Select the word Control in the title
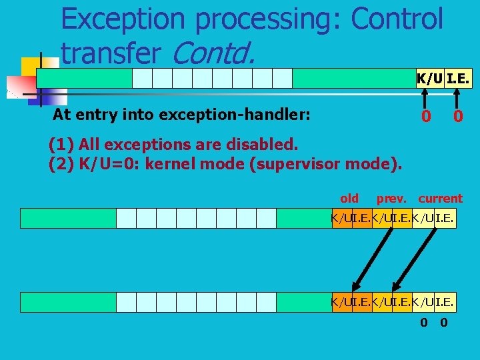397,19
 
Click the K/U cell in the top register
429,79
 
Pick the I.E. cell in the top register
459,79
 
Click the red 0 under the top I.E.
458,116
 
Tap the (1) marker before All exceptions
61,144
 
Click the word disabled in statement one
268,144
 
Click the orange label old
349,198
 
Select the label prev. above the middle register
392,198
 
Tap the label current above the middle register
440,198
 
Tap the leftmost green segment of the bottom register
68,302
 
